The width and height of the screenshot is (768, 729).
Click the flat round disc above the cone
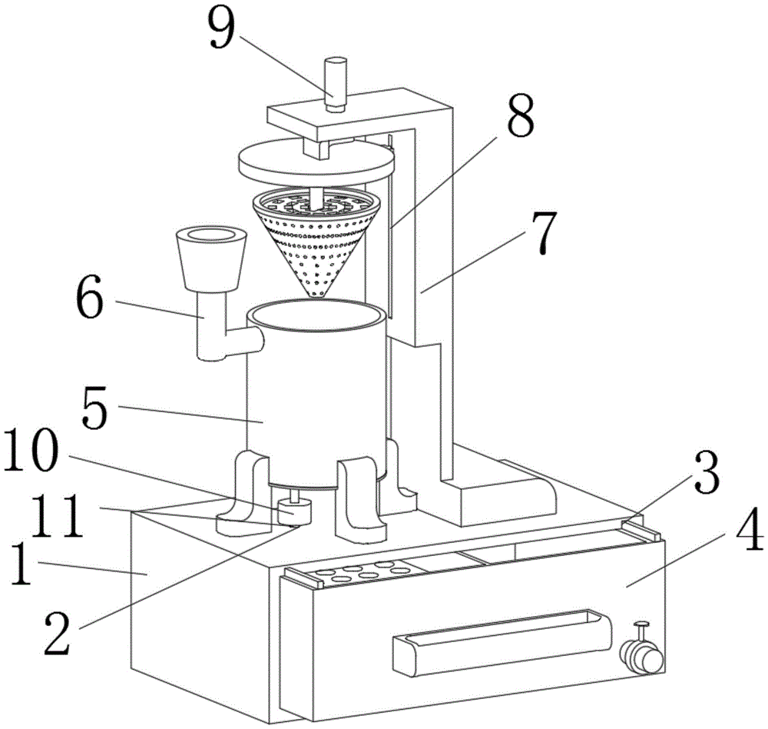coord(316,161)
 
